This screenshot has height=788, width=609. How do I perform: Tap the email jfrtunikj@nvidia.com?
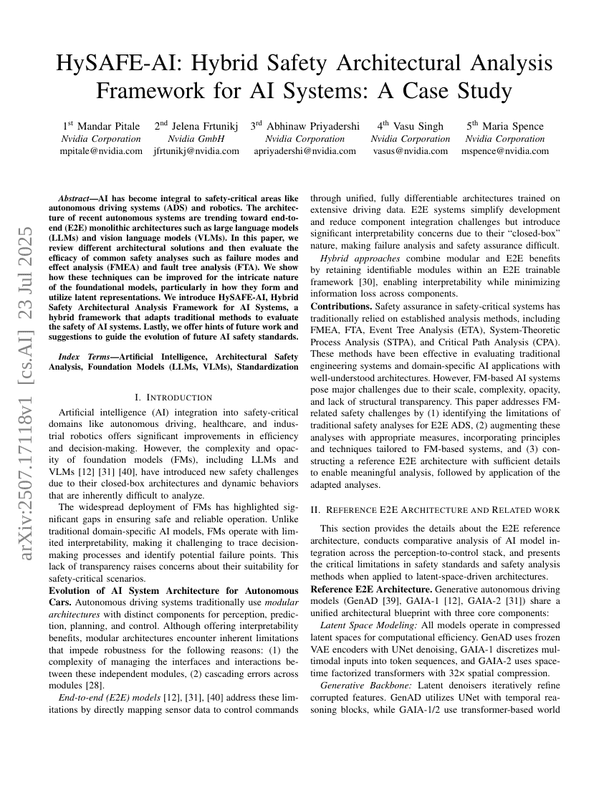click(x=196, y=150)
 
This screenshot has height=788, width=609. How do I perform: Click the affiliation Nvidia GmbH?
click(x=196, y=138)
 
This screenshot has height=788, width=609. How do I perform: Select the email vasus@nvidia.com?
click(x=411, y=150)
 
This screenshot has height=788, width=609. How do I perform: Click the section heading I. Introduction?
click(x=173, y=397)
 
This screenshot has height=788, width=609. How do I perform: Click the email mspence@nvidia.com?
click(x=505, y=150)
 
